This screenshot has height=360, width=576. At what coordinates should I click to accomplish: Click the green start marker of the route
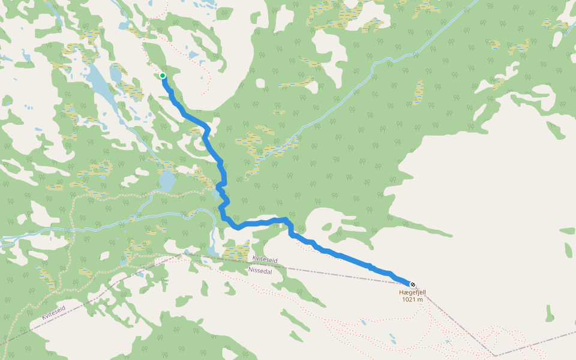(163, 76)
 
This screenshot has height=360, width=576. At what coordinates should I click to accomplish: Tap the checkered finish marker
(412, 284)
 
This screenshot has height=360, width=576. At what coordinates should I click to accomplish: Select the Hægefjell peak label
(412, 292)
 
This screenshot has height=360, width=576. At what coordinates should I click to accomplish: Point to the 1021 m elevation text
(412, 299)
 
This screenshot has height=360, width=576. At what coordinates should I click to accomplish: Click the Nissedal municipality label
(260, 271)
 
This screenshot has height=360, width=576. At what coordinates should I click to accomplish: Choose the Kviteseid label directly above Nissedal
(265, 259)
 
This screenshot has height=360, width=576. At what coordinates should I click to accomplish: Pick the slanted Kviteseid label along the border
(53, 311)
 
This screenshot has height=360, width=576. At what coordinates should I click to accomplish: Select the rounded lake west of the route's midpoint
(167, 179)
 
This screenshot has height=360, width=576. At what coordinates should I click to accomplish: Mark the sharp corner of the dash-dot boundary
(496, 355)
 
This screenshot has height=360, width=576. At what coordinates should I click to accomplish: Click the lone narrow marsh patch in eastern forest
(418, 91)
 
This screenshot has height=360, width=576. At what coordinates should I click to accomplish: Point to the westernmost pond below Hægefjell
(364, 322)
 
